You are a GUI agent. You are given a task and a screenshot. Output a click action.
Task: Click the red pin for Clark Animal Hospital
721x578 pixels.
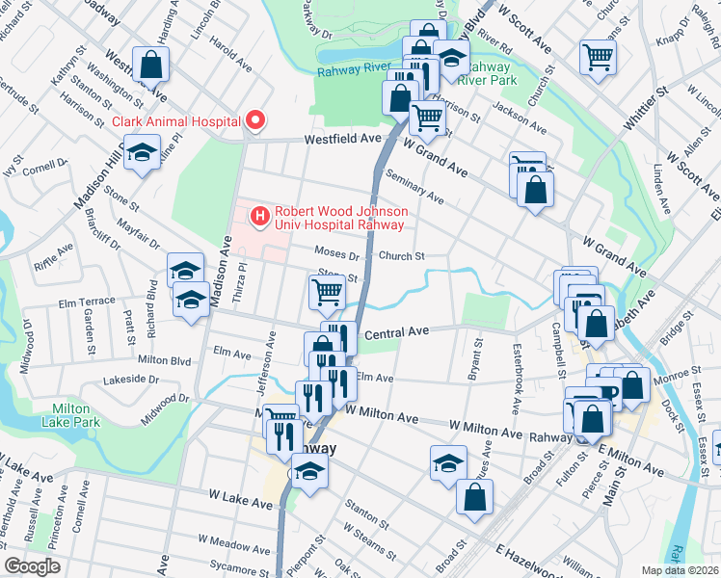pyautogui.click(x=255, y=120)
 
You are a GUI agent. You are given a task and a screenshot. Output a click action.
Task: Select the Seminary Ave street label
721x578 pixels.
pyautogui.click(x=413, y=187)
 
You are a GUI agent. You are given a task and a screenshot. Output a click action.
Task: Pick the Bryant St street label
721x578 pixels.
pyautogui.click(x=474, y=359)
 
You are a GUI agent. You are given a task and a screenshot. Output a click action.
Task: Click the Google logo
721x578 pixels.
pyautogui.click(x=32, y=566)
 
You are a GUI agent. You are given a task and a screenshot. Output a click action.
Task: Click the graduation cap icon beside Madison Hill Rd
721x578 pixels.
pyautogui.click(x=142, y=154)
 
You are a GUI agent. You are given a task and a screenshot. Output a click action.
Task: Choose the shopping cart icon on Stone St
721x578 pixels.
pyautogui.click(x=328, y=291)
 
